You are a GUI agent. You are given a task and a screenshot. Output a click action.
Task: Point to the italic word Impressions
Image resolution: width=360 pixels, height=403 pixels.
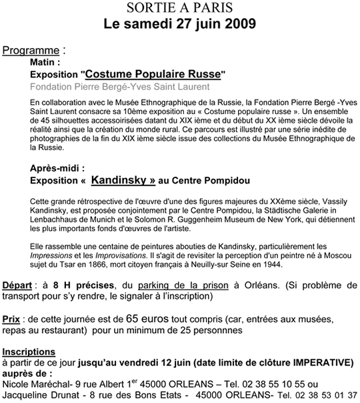point(53,256)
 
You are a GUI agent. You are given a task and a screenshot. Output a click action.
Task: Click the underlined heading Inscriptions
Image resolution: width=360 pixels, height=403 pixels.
point(29,351)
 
